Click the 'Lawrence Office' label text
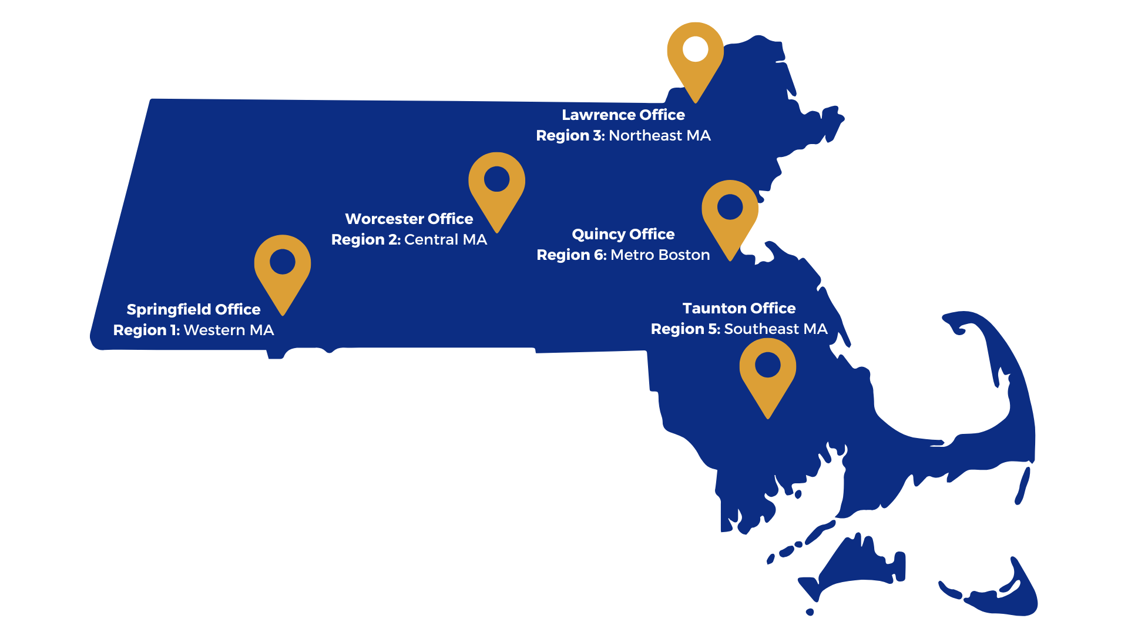tap(623, 115)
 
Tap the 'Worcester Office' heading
tap(409, 219)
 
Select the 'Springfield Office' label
tap(193, 309)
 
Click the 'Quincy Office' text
tap(623, 234)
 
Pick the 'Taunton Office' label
tap(739, 308)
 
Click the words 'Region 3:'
tap(570, 136)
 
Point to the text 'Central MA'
tap(445, 240)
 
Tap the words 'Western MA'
tap(229, 330)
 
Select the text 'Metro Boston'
tap(660, 255)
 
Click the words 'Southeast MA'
tap(775, 329)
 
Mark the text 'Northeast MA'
tap(659, 136)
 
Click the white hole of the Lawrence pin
tap(696, 49)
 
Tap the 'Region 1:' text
tap(146, 330)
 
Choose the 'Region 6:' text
tap(571, 255)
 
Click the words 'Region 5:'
tap(685, 329)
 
